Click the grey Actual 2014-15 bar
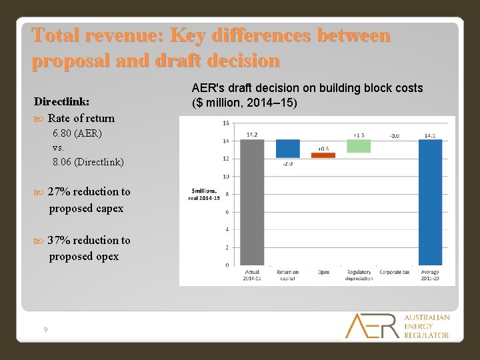[x=252, y=202]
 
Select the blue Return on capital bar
[x=288, y=149]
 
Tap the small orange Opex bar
[x=323, y=155]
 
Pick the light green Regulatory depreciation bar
[x=359, y=145]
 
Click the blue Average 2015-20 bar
[x=430, y=202]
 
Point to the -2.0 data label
[x=288, y=163]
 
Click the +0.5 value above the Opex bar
[x=323, y=149]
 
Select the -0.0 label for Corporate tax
[x=395, y=135]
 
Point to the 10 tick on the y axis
[x=226, y=177]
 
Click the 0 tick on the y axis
[x=227, y=265]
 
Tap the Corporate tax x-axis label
[x=395, y=272]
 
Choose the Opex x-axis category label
[x=323, y=272]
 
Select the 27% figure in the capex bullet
[x=59, y=192]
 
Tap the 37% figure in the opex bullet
[x=59, y=240]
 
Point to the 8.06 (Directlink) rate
[x=88, y=162]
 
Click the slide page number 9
[x=45, y=329]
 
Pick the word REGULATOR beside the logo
[x=427, y=335]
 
